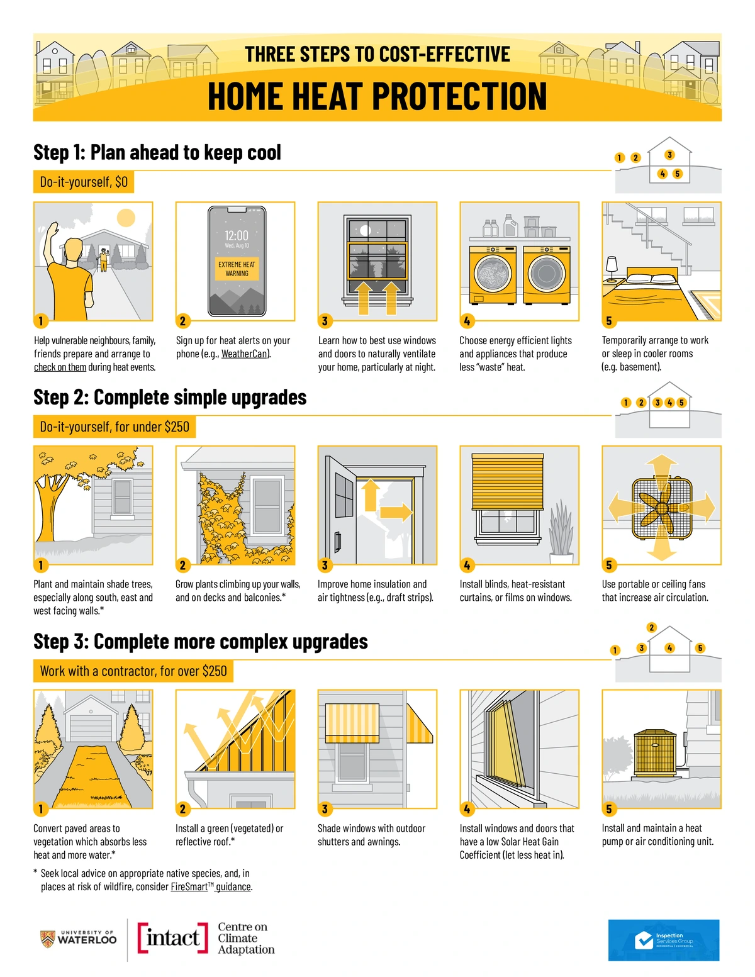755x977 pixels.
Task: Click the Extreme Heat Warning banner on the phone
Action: tap(237, 269)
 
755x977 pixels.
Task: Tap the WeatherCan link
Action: tap(245, 354)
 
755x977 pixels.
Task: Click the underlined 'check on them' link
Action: tap(60, 367)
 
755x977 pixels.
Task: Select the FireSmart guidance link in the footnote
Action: tap(211, 886)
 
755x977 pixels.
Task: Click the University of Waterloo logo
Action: tap(78, 939)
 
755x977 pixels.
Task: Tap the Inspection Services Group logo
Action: tap(664, 940)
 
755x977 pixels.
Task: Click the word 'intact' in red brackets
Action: tap(172, 937)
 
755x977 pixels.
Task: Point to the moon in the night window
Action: tap(365, 231)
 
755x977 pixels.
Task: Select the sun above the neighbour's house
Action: tap(126, 218)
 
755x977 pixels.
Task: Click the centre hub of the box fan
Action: tap(661, 508)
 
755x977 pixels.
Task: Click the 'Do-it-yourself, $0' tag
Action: tap(84, 182)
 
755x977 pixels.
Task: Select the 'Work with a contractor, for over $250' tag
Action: tap(133, 671)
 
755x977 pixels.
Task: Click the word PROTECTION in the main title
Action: tap(459, 96)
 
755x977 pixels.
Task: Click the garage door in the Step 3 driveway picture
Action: tap(91, 727)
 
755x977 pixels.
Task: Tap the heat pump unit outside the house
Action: tap(655, 754)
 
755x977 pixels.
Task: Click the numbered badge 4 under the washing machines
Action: tap(467, 321)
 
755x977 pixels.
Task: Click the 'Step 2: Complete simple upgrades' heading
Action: tap(170, 398)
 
